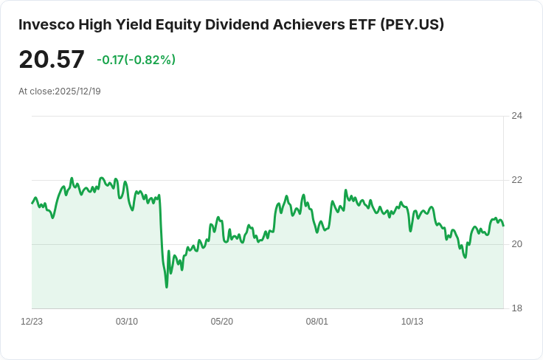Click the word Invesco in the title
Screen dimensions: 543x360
tap(46, 24)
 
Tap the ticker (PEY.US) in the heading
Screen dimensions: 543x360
tap(412, 25)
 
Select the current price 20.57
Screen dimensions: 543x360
tap(52, 59)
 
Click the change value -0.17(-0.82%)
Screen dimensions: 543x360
tap(136, 60)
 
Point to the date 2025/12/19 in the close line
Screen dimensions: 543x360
tap(78, 91)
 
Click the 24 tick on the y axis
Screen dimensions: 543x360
tap(516, 116)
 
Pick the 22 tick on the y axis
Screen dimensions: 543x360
tap(516, 180)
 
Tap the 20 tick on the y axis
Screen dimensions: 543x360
tap(516, 244)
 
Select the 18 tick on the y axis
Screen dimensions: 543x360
tap(516, 308)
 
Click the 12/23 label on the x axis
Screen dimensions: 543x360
tap(32, 322)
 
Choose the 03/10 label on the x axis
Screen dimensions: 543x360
tap(127, 322)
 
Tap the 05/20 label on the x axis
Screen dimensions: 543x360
tap(222, 322)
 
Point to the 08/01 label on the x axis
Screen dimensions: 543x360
tap(317, 322)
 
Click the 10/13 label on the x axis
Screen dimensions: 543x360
tap(412, 322)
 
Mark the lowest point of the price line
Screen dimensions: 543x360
tap(167, 287)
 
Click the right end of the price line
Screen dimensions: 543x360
tap(503, 226)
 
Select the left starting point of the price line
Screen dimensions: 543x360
tap(32, 203)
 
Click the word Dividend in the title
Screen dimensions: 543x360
tap(237, 24)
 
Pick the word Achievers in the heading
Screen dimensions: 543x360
tap(309, 24)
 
